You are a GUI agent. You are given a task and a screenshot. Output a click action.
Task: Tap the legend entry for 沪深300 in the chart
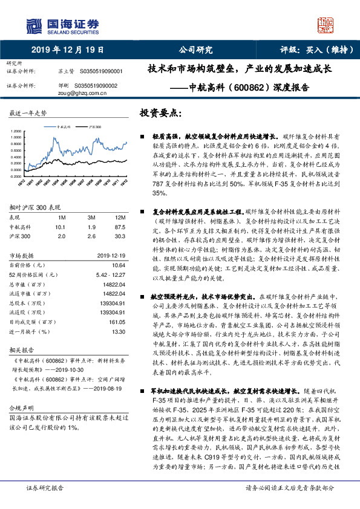94,128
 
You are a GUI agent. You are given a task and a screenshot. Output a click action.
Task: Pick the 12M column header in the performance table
120,217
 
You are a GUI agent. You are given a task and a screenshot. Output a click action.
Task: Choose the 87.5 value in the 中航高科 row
120,226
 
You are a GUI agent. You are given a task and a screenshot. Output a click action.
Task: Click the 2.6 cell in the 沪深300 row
91,235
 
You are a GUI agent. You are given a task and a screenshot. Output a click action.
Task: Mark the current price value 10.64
118,264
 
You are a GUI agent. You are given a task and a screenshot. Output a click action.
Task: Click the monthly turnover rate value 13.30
118,332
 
